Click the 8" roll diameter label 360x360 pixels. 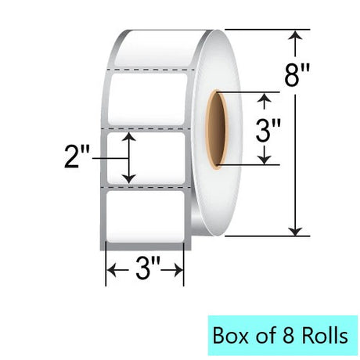pos(297,76)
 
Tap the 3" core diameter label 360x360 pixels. pos(268,131)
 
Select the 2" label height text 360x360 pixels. pos(77,157)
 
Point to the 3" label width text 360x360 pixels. pos(148,269)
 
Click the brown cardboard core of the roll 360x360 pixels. pos(216,130)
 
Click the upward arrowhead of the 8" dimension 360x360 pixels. pos(295,35)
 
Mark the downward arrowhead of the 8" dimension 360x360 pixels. pos(295,231)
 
